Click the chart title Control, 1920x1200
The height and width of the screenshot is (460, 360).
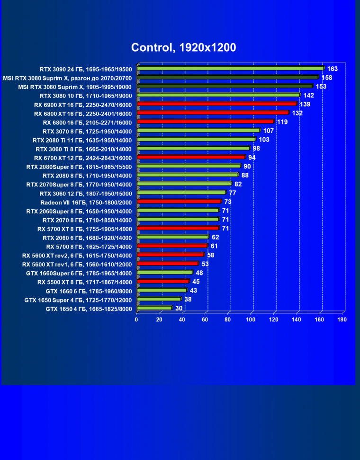tap(183, 47)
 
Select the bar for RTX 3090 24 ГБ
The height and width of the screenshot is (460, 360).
tap(230, 68)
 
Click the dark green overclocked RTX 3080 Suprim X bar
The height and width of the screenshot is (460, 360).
tap(227, 77)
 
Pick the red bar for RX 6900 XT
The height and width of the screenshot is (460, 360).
tap(216, 104)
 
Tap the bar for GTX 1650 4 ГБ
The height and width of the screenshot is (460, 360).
tap(154, 308)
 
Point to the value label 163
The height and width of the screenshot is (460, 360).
tap(332, 69)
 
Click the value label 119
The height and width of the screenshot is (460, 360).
tap(282, 122)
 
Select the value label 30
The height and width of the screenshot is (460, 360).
tap(179, 308)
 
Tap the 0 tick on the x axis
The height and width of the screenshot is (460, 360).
tap(136, 320)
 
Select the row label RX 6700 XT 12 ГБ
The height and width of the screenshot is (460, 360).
tap(83, 158)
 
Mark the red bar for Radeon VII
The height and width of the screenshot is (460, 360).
tap(179, 202)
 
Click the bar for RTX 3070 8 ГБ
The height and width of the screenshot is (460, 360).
tap(198, 131)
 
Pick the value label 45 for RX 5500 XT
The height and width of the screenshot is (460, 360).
tap(196, 282)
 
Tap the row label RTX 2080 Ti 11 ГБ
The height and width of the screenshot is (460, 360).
tap(82, 140)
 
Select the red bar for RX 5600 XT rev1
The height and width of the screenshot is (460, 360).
tap(167, 264)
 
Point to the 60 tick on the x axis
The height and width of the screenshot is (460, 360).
tap(205, 320)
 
